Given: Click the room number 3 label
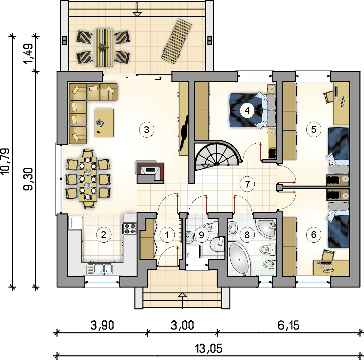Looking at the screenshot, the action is pyautogui.click(x=147, y=130).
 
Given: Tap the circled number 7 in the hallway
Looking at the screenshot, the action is pyautogui.click(x=247, y=184).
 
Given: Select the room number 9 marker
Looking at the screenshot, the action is pyautogui.click(x=201, y=235).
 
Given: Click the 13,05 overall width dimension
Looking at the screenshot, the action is pyautogui.click(x=208, y=349).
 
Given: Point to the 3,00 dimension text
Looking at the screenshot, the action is pyautogui.click(x=182, y=325).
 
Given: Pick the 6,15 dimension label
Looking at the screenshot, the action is pyautogui.click(x=288, y=325).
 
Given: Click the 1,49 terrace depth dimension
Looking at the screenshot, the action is pyautogui.click(x=29, y=53).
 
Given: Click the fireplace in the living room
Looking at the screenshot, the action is pyautogui.click(x=150, y=172).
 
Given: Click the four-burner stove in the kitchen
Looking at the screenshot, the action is pyautogui.click(x=130, y=229).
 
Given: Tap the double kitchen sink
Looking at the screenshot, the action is pyautogui.click(x=99, y=269).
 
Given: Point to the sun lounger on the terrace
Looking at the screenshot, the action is pyautogui.click(x=177, y=41).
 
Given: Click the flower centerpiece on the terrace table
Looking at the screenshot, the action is pyautogui.click(x=103, y=48).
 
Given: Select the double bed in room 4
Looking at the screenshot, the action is pyautogui.click(x=253, y=110).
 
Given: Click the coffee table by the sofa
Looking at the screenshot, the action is pyautogui.click(x=104, y=123).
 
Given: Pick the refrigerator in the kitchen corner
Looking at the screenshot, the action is pyautogui.click(x=75, y=223).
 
